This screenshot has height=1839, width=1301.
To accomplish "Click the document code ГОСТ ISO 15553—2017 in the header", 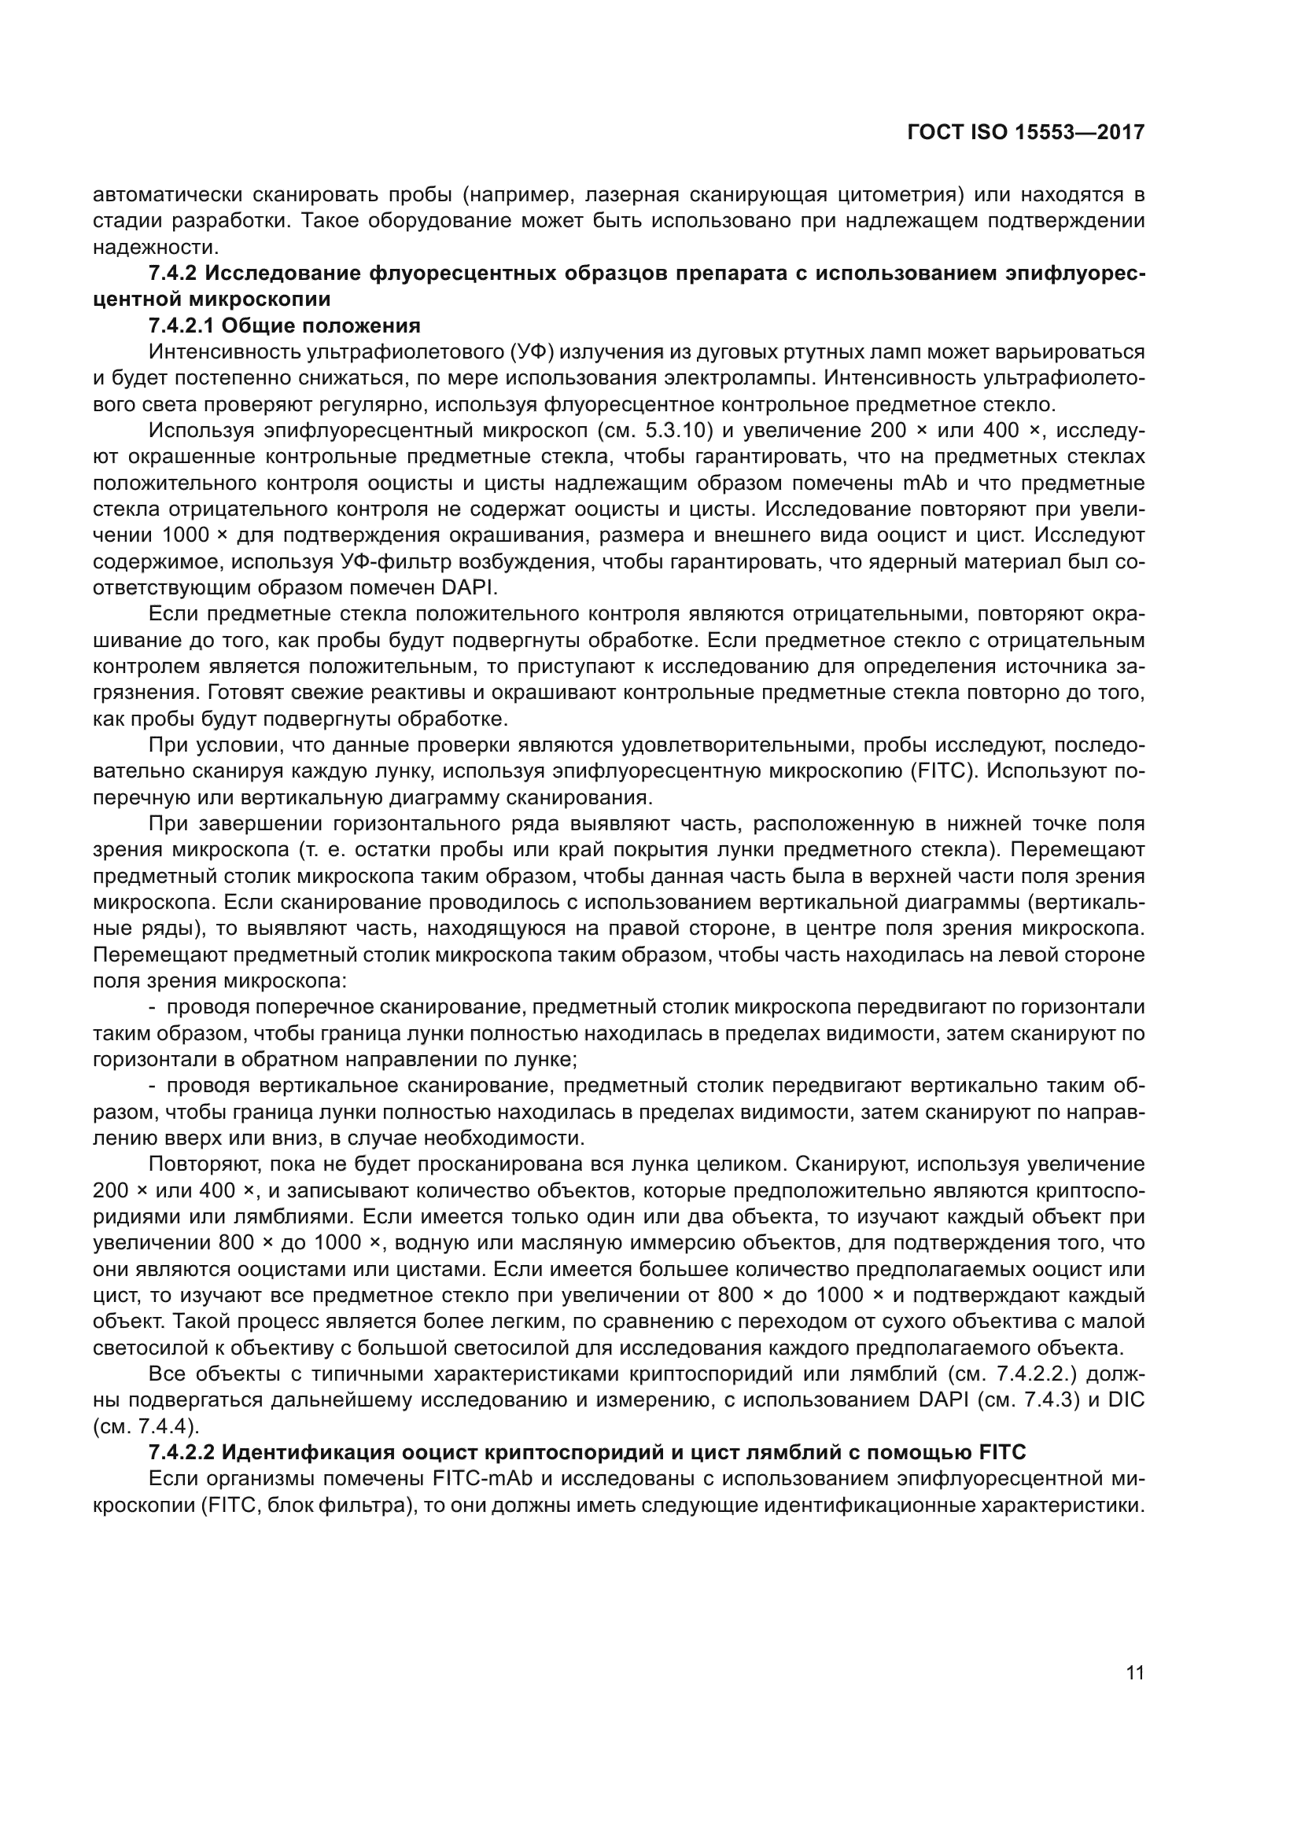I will point(1026,133).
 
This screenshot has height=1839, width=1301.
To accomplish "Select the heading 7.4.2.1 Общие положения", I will point(285,326).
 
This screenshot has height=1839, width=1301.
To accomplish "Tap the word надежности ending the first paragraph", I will point(149,247).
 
